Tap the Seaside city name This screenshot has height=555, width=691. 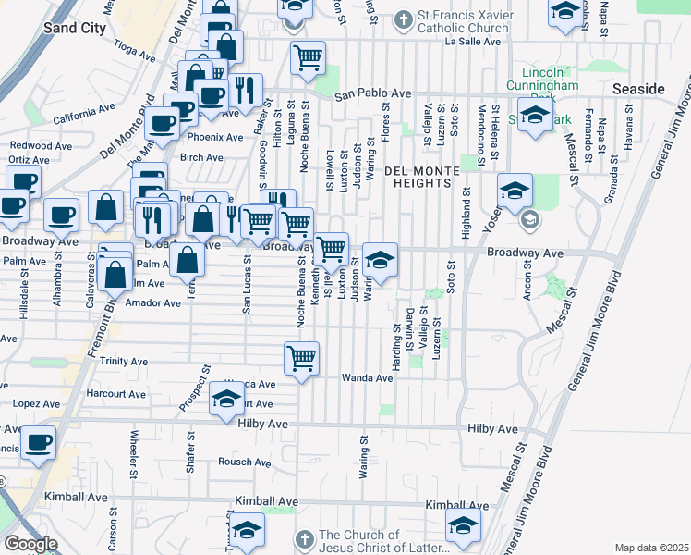point(638,88)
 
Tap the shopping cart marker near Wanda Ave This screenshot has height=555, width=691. point(301,358)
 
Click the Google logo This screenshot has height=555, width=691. point(30,544)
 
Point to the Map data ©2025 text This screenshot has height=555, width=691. point(651,548)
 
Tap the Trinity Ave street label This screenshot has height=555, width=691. point(124,362)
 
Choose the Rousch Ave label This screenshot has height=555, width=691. point(243,462)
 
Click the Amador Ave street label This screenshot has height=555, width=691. point(153,302)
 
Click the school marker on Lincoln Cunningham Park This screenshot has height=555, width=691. point(534,117)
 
